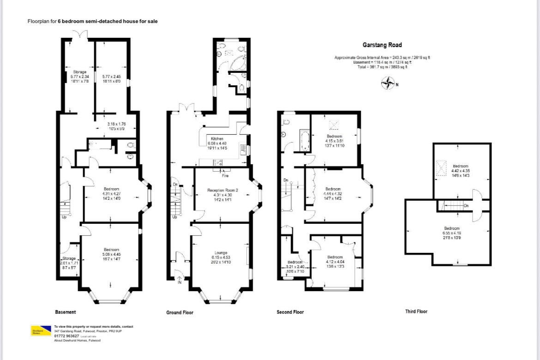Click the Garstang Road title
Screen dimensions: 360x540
382,45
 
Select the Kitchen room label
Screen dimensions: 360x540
217,138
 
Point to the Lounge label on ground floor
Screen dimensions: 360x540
220,253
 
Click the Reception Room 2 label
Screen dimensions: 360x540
222,191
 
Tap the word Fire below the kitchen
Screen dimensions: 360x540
225,176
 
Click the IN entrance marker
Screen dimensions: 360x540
179,282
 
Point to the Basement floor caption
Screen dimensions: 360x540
65,312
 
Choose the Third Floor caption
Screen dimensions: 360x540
416,312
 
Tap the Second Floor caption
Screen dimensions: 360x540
290,312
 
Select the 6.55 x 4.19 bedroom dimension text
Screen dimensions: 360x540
451,233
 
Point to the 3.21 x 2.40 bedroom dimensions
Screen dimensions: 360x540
295,267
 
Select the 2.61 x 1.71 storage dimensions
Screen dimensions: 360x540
69,263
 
